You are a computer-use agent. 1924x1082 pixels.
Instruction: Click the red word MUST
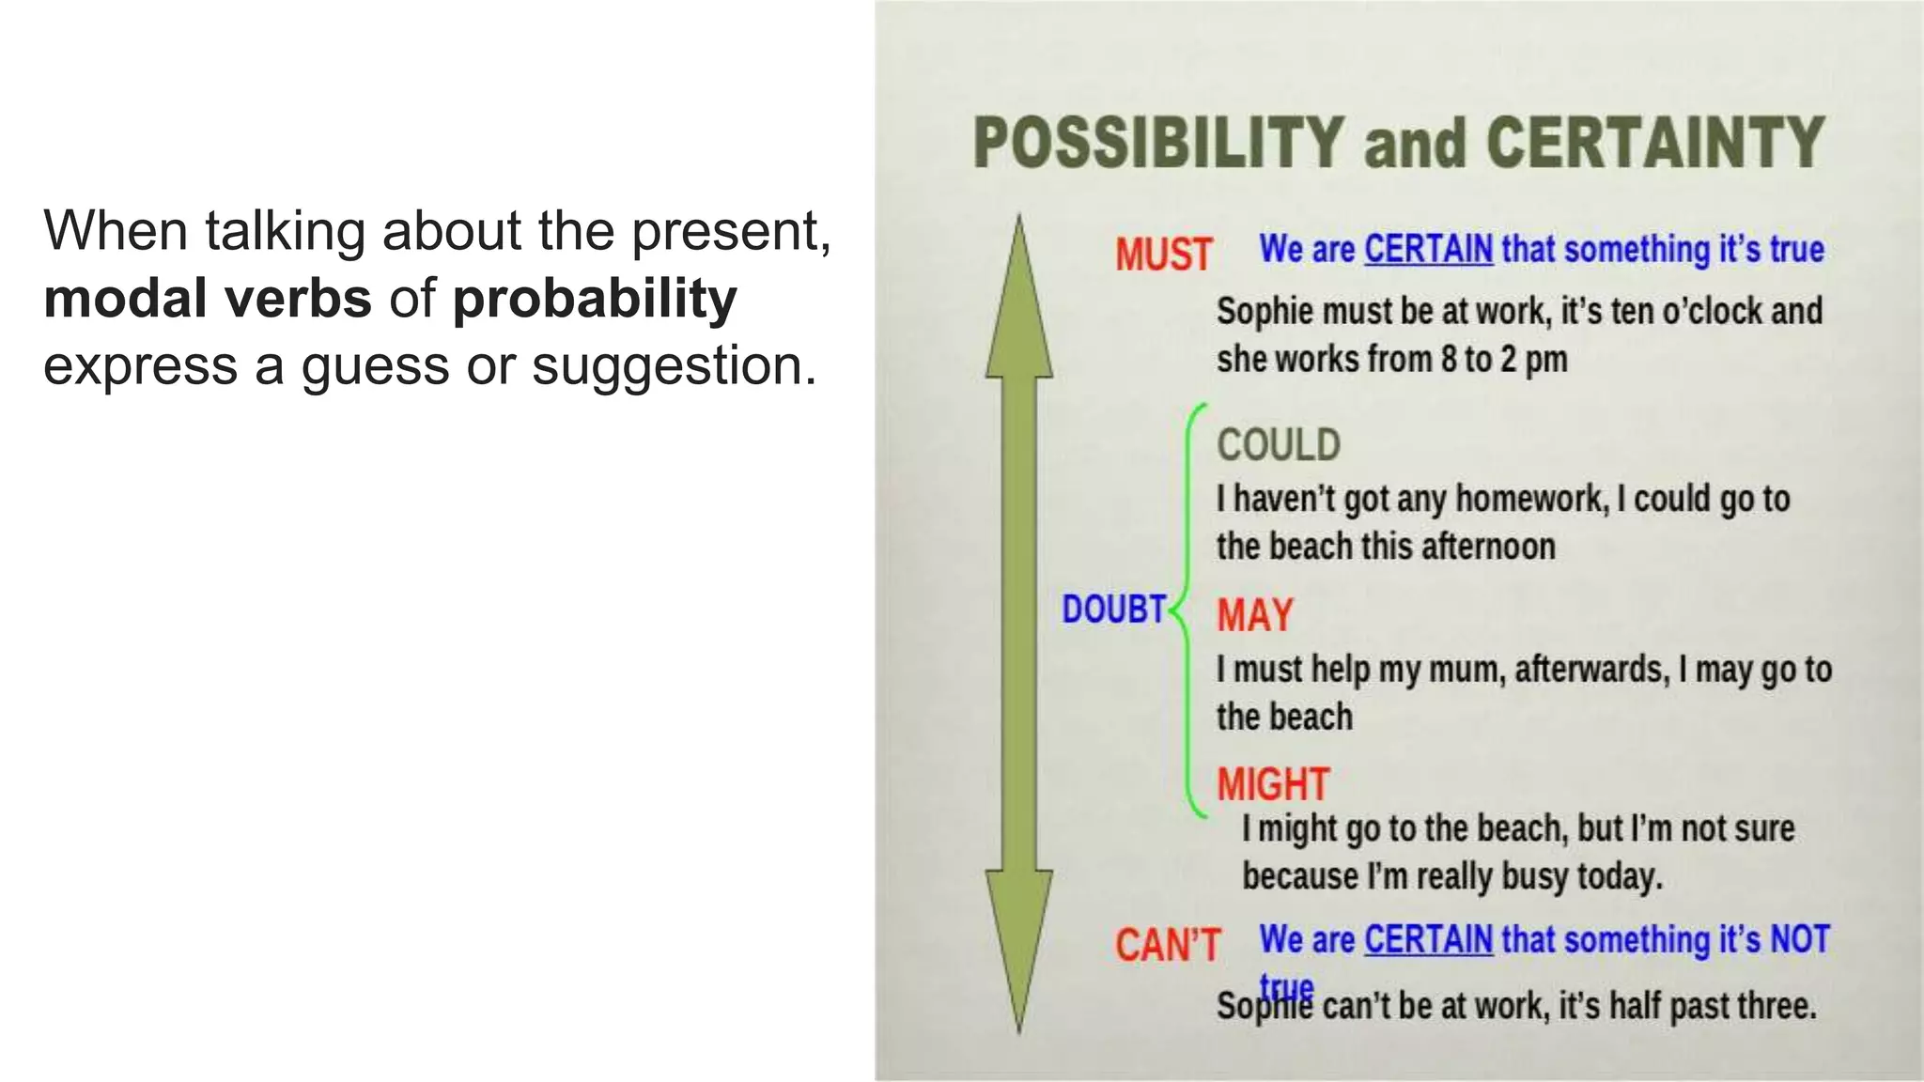coord(1163,255)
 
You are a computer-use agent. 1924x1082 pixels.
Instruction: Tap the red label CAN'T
coord(1167,945)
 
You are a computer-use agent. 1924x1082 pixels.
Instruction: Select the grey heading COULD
coord(1278,445)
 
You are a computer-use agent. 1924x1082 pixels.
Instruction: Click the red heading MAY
coord(1255,615)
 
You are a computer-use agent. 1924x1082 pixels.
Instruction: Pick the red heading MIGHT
coord(1273,784)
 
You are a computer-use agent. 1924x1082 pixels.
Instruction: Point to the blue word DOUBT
coord(1113,610)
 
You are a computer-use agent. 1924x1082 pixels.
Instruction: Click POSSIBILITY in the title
coord(1158,144)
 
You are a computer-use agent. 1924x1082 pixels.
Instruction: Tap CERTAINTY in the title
coord(1654,144)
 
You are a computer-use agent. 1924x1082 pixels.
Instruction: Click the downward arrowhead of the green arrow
coord(1019,949)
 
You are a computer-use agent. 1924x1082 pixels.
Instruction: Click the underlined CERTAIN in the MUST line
coord(1428,250)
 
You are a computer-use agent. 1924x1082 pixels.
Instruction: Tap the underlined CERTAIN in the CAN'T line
coord(1428,939)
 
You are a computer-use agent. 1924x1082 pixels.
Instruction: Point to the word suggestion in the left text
coord(673,364)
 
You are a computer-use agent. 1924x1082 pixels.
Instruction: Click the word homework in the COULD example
coord(1530,499)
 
